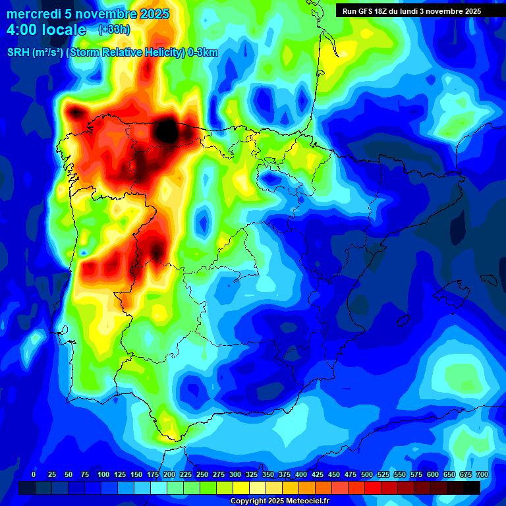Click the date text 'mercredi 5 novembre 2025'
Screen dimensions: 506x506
[x=88, y=14]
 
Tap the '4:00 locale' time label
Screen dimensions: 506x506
[x=46, y=30]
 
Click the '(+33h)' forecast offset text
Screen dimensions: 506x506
[x=114, y=29]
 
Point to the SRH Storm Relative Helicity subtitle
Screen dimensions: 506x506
[x=112, y=53]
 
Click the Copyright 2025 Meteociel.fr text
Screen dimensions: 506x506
[x=279, y=501]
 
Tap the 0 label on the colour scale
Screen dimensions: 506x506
[x=34, y=474]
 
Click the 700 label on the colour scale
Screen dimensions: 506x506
[x=482, y=474]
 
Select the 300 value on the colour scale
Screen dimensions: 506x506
[x=235, y=474]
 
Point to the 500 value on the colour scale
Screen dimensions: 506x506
[x=367, y=474]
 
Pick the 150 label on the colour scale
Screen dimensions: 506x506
[x=136, y=474]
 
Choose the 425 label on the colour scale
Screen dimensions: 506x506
[x=318, y=474]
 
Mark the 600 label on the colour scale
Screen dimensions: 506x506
[x=433, y=474]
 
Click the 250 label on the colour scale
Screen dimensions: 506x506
[x=202, y=474]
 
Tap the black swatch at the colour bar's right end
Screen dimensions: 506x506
[x=471, y=488]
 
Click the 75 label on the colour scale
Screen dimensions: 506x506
[x=85, y=474]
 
